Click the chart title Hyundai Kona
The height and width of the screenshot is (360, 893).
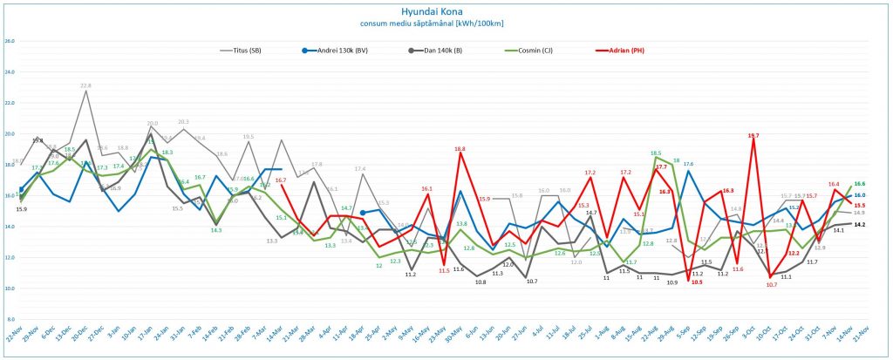446,12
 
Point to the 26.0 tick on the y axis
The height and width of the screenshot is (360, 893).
10,41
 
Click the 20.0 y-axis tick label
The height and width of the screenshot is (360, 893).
10,133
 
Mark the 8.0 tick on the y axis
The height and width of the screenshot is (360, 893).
10,319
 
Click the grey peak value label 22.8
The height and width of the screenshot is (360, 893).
85,85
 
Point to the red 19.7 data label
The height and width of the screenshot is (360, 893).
753,136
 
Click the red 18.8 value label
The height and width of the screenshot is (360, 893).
460,150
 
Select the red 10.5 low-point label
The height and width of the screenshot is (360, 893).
696,282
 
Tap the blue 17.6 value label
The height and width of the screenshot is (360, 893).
688,164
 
